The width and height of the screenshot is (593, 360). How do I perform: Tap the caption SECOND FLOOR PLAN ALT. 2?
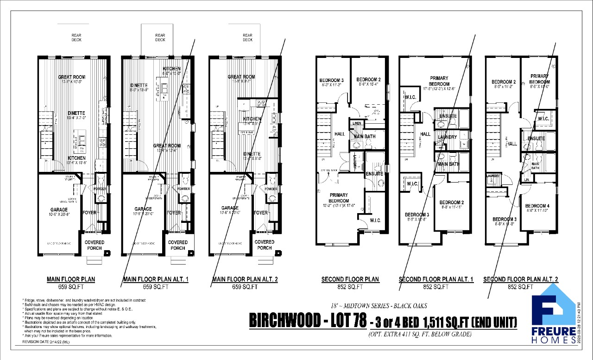[520, 279]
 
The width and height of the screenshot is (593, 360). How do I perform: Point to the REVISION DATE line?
[47, 341]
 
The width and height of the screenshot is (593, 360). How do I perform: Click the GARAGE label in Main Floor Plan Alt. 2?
[230, 208]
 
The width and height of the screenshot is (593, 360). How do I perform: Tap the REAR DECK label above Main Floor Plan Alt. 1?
[160, 38]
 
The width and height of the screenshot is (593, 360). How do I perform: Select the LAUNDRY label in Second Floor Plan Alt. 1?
[447, 137]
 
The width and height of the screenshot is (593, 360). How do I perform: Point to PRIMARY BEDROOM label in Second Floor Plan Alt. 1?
[439, 81]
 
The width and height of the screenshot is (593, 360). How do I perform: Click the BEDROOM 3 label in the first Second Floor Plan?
[331, 80]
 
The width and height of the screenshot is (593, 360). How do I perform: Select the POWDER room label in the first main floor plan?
[100, 189]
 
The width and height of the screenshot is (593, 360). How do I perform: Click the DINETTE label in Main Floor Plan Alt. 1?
[139, 85]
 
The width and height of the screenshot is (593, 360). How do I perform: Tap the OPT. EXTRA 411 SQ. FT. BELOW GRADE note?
[420, 334]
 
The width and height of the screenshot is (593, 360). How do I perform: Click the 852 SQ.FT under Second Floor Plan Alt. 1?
[436, 287]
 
